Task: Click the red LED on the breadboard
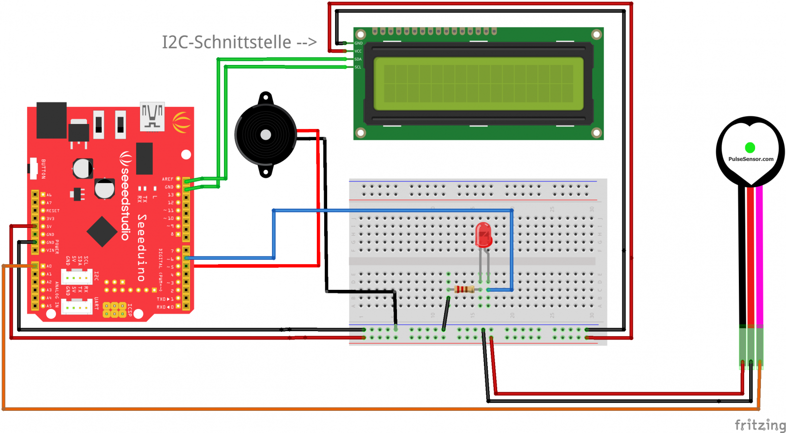point(483,235)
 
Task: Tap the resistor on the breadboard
point(464,289)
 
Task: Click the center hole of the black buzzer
point(266,135)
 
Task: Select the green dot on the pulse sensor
point(750,147)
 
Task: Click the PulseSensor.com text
point(751,159)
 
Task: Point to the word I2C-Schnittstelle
point(226,42)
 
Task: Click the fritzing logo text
point(760,425)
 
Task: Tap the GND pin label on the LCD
point(359,43)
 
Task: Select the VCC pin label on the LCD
point(358,51)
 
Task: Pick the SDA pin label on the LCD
point(358,59)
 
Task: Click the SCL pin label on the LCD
point(358,67)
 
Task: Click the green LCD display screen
point(478,84)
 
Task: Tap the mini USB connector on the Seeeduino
point(152,117)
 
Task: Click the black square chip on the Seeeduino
point(102,231)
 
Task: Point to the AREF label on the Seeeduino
point(168,179)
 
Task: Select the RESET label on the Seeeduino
point(53,211)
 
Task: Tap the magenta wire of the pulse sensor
point(759,256)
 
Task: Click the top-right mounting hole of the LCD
point(596,34)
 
